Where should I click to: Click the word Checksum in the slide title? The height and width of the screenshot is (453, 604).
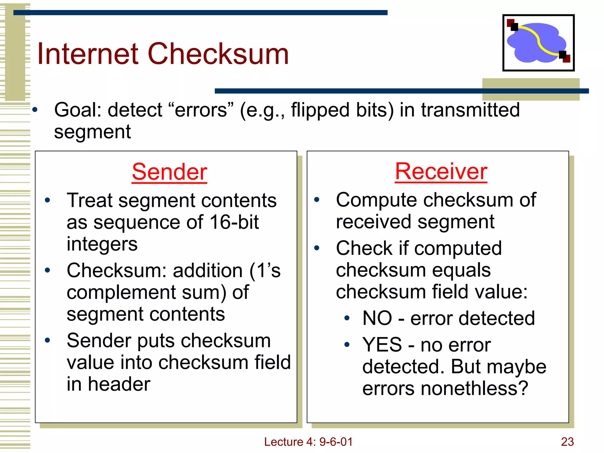pyautogui.click(x=218, y=54)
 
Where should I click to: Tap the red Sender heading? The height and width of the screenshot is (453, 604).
pyautogui.click(x=169, y=172)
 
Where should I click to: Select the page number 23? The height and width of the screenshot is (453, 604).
pyautogui.click(x=567, y=442)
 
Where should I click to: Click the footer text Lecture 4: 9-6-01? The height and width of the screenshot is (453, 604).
pyautogui.click(x=308, y=442)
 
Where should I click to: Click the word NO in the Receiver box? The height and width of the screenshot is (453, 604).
pyautogui.click(x=377, y=318)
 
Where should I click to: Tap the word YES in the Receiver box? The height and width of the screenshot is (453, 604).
pyautogui.click(x=382, y=344)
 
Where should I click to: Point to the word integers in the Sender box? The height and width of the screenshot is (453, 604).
pyautogui.click(x=102, y=244)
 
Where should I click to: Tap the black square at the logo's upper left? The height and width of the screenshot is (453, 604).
pyautogui.click(x=514, y=27)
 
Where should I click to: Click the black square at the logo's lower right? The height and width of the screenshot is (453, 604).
pyautogui.click(x=562, y=55)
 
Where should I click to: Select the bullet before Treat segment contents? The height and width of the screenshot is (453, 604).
pyautogui.click(x=47, y=201)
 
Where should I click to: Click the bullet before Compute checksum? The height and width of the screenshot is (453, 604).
pyautogui.click(x=317, y=200)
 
